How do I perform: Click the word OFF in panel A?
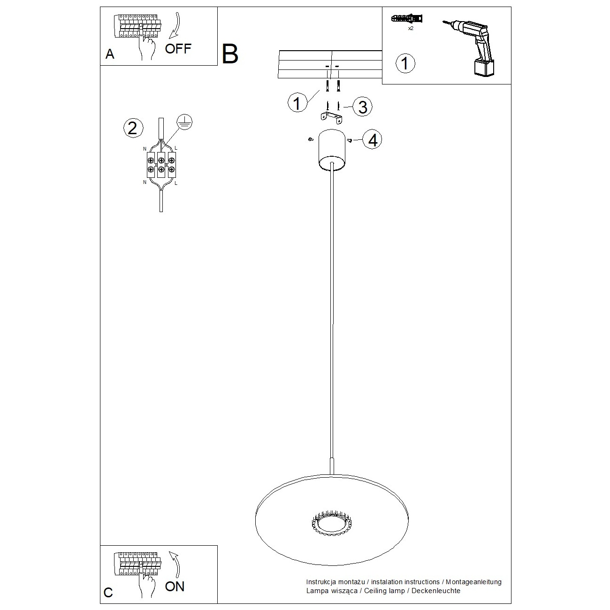click(178, 49)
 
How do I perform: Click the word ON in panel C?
click(175, 587)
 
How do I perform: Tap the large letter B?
click(230, 54)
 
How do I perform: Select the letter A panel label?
click(109, 54)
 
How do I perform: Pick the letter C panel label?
click(108, 593)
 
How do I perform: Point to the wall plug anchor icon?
click(407, 18)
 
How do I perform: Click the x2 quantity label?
click(411, 29)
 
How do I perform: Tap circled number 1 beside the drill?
click(405, 63)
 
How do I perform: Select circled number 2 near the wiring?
click(133, 128)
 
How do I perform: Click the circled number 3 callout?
click(362, 107)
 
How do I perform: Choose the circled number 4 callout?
click(372, 140)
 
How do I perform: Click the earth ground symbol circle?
click(184, 122)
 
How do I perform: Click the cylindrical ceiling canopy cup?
click(332, 150)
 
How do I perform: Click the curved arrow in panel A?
click(175, 26)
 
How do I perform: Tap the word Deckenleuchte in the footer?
click(436, 591)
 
